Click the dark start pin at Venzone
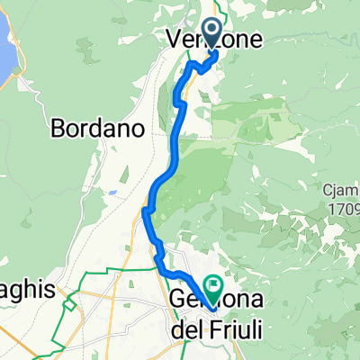pyautogui.click(x=212, y=33)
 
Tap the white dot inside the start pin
pyautogui.click(x=212, y=30)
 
